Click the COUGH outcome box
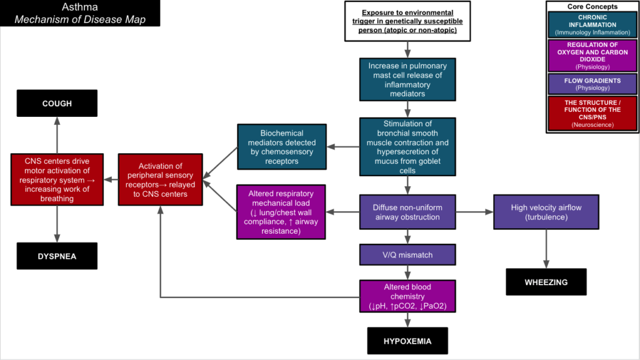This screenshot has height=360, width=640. [57, 103]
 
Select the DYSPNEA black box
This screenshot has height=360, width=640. [57, 256]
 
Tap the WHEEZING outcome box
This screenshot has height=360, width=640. [546, 282]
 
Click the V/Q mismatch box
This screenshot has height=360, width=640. [407, 255]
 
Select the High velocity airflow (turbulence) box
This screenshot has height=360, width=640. [546, 212]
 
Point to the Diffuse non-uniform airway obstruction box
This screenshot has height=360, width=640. [407, 212]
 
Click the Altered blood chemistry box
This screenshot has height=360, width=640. [407, 296]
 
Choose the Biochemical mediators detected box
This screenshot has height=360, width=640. [281, 147]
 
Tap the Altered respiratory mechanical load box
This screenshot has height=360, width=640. [281, 211]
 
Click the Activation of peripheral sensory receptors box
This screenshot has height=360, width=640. [161, 180]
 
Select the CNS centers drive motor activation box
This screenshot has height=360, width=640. [56, 180]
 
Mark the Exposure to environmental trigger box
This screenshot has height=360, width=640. [407, 21]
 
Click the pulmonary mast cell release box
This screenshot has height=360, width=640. [407, 79]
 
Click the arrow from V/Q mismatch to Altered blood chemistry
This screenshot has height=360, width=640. [407, 272]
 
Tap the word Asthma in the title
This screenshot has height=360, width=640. [79, 7]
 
